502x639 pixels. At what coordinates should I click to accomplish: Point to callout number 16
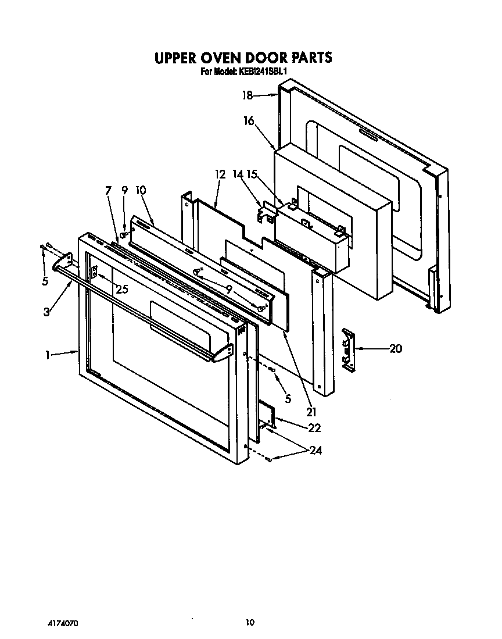coord(249,121)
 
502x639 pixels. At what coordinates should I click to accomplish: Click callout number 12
coord(220,174)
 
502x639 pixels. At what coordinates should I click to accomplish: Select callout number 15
coord(251,174)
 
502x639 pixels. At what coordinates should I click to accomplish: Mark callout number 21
coord(311,412)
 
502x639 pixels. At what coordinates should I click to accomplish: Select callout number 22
coord(314,428)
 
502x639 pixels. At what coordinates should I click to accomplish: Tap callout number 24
coord(316,450)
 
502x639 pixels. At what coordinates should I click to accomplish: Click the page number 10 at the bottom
coord(250,623)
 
